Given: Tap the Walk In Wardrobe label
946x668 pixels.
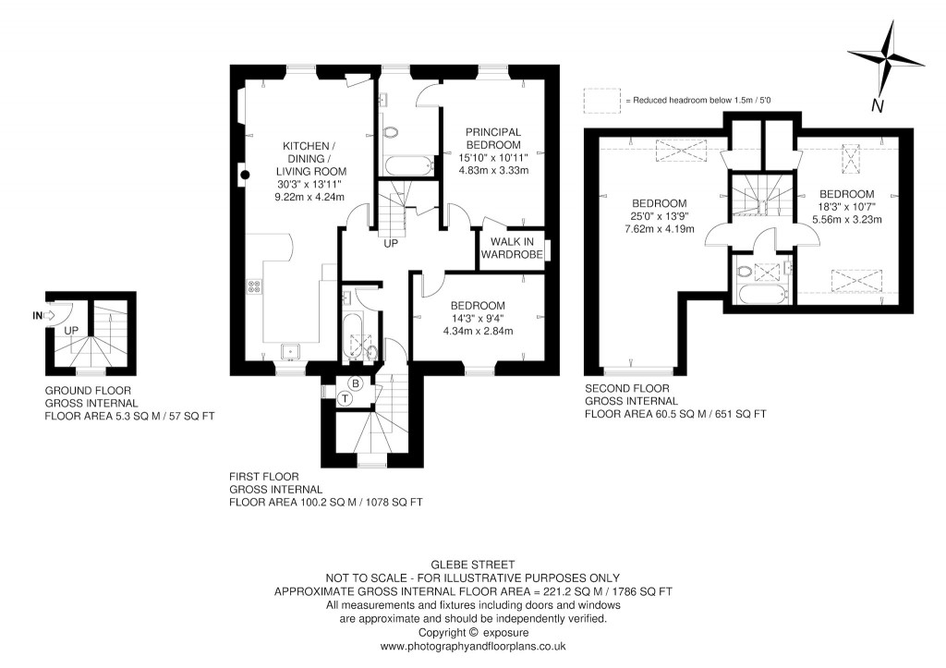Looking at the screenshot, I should (x=514, y=248).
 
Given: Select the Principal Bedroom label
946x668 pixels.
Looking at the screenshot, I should (x=492, y=139).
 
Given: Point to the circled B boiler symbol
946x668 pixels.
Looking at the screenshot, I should (x=354, y=383).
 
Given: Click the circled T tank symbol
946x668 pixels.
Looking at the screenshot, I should (x=344, y=398).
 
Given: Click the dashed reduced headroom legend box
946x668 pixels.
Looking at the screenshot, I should (x=601, y=99).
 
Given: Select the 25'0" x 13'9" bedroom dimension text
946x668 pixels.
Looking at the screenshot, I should (x=659, y=217).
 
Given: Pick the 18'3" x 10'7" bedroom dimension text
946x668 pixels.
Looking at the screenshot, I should (x=845, y=207).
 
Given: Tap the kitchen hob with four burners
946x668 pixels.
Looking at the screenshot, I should (x=251, y=286).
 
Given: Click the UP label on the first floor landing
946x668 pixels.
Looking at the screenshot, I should (x=391, y=245).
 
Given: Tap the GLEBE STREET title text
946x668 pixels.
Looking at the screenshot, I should (x=472, y=564).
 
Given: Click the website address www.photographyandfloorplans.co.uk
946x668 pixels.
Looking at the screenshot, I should (x=472, y=648).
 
